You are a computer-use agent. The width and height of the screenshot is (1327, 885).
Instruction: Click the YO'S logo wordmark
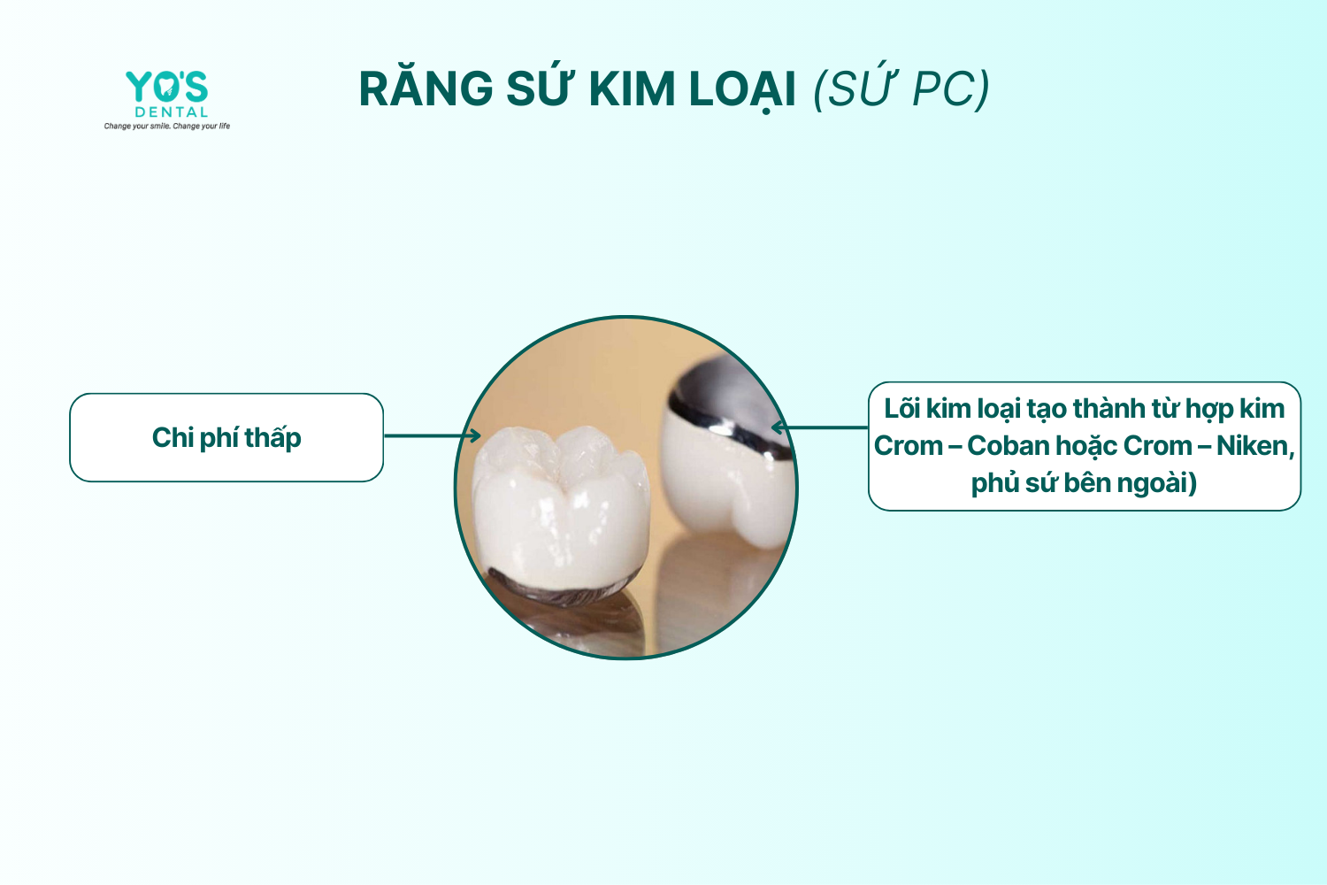[x=166, y=87]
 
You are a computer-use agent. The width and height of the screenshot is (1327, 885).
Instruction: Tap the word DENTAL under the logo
[x=172, y=112]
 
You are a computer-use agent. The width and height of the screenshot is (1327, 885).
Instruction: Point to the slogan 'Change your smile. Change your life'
[x=167, y=126]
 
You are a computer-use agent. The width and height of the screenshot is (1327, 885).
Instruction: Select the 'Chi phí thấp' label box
[x=226, y=437]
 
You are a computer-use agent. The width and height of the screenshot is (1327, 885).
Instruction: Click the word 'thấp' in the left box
[x=272, y=438]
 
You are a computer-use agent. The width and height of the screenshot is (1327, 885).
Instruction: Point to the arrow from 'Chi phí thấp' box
[x=433, y=435]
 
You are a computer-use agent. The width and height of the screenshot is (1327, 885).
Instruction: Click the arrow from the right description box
[x=819, y=427]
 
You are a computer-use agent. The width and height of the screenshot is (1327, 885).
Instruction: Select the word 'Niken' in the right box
[x=1254, y=446]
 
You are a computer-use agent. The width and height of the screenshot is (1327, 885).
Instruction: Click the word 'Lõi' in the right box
[x=902, y=408]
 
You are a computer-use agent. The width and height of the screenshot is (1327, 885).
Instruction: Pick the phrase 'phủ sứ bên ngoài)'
[x=1084, y=483]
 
